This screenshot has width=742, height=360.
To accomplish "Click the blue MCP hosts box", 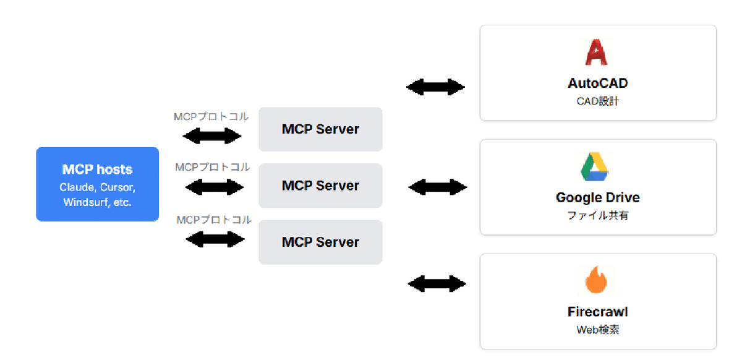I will (x=97, y=184).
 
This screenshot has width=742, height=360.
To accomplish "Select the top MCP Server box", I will (x=320, y=129).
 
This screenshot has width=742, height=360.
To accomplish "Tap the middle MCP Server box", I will (x=320, y=186).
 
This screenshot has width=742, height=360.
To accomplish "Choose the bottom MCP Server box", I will (x=320, y=242).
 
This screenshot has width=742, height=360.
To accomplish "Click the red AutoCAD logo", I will (x=596, y=52).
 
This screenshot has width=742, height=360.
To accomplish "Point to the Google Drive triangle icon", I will (x=595, y=166).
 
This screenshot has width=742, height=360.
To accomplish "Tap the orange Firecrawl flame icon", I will (x=596, y=280).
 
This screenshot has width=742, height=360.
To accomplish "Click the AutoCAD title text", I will (x=597, y=83).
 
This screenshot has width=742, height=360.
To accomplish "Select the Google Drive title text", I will (x=597, y=198).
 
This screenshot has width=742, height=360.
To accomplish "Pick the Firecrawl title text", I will (x=597, y=312).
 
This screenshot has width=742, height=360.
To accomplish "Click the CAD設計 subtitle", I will (x=597, y=101).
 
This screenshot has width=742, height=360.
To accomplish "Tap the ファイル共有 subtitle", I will (x=597, y=216).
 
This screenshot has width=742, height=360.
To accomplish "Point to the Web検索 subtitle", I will (x=597, y=330).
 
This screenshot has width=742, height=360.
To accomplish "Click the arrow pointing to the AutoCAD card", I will (x=436, y=87).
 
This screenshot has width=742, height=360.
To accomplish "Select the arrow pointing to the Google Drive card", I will (x=438, y=186).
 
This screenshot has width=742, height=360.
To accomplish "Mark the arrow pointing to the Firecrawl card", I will (x=437, y=284).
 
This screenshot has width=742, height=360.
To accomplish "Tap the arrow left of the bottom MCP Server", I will (x=215, y=239).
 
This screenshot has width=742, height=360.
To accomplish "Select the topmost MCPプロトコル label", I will (x=211, y=116).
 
